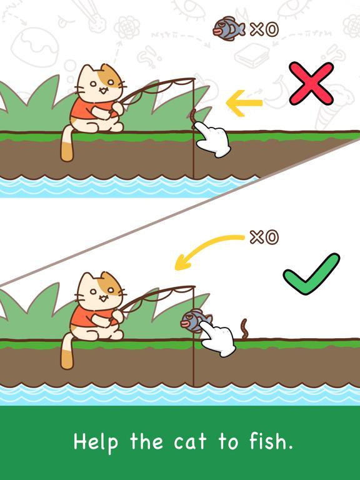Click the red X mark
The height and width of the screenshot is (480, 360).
pos(311,84)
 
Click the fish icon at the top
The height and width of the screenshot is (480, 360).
pos(229,29)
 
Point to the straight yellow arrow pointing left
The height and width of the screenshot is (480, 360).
pos(244,103)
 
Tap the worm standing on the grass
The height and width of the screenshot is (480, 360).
pos(244,329)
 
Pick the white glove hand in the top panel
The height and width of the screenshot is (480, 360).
pos(212,139)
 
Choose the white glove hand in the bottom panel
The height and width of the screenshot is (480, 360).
pos(219,340)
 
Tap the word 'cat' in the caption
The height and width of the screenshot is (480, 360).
pos(190,442)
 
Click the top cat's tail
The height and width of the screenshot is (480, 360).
pos(67,144)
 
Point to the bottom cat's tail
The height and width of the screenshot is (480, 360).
pos(67,352)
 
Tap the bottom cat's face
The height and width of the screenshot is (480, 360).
pos(99,293)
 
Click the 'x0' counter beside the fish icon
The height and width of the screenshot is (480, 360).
pos(264,29)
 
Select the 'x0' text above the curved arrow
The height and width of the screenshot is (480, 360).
pos(264,237)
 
